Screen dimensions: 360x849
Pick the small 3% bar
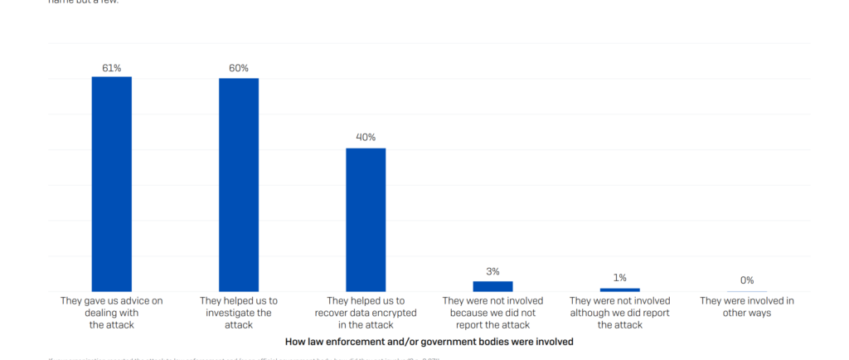coord(492,286)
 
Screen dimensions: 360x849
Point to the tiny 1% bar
coord(620,289)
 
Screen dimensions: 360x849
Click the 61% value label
coord(112,68)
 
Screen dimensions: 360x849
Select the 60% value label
coord(239,68)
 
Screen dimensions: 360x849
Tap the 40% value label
coord(366,138)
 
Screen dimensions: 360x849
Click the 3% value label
coord(492,271)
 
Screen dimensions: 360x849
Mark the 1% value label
coord(620,278)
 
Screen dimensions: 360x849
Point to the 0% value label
coord(747,280)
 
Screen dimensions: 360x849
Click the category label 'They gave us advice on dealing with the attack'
coord(112,313)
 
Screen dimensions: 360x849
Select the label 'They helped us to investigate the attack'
coord(239,313)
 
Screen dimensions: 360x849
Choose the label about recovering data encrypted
coord(366,313)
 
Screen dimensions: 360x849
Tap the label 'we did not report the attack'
coord(492,313)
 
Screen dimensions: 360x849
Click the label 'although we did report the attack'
coord(620,313)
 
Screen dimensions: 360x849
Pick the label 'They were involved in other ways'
coord(747,307)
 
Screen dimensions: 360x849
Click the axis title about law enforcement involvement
coord(429,341)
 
